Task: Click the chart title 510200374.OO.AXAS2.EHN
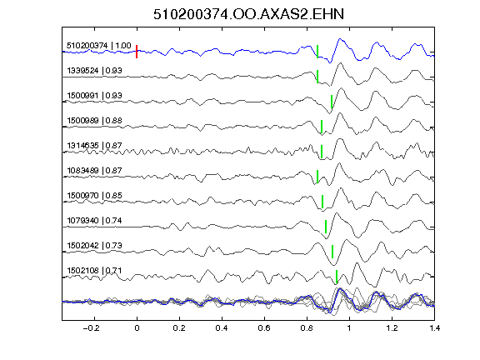click(x=248, y=14)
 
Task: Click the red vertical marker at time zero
click(x=137, y=52)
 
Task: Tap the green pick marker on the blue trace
click(x=317, y=52)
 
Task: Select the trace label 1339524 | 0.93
click(x=94, y=71)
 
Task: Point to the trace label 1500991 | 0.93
click(x=94, y=96)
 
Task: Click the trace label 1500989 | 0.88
click(x=94, y=121)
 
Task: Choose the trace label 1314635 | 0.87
click(x=94, y=146)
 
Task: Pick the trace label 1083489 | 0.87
click(x=94, y=171)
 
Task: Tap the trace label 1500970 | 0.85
click(x=94, y=196)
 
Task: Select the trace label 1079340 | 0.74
click(x=94, y=221)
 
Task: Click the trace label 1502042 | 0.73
click(x=94, y=246)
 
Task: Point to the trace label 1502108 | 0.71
click(x=94, y=271)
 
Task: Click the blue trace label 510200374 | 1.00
click(x=99, y=46)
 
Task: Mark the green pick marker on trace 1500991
click(x=332, y=102)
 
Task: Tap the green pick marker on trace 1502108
click(x=337, y=277)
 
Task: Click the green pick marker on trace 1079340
click(x=326, y=227)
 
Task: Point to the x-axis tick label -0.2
click(x=92, y=328)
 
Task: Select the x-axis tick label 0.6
click(x=264, y=328)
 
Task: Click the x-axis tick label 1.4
click(x=434, y=328)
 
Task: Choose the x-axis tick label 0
click(x=137, y=328)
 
